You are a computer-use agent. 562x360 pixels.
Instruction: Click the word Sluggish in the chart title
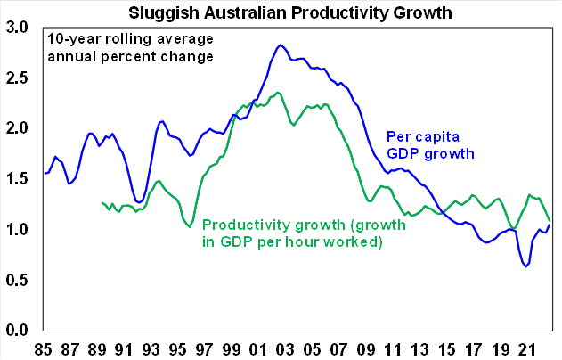[167, 12]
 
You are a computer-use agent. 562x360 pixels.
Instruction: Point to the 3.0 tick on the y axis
[17, 28]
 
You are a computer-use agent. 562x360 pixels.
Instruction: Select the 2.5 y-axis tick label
[17, 78]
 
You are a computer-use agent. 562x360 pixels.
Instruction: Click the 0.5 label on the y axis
[17, 281]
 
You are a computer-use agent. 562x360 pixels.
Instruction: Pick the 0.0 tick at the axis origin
[17, 331]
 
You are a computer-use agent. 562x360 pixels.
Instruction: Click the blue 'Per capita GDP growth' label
[429, 145]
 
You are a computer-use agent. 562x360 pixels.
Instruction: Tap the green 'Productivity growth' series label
[304, 233]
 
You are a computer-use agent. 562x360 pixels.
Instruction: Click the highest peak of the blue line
[281, 45]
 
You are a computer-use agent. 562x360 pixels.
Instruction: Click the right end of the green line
[550, 220]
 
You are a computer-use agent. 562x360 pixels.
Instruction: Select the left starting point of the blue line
[45, 174]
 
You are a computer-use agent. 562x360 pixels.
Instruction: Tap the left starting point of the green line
[102, 203]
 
